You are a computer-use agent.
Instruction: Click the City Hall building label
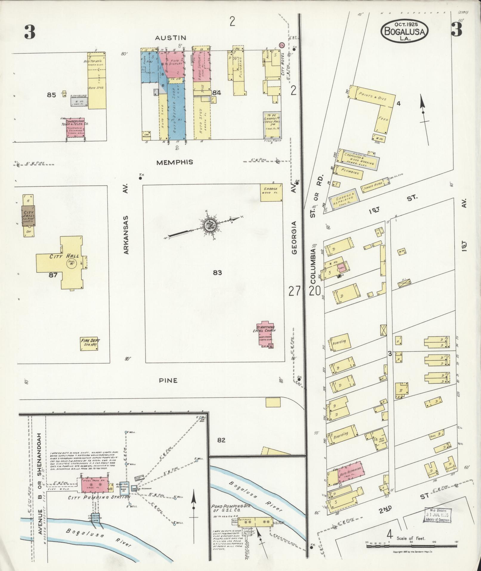coord(60,256)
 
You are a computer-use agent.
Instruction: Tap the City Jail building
coord(29,215)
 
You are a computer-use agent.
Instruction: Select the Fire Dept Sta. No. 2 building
coord(90,344)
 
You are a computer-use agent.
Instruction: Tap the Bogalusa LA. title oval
coord(404,31)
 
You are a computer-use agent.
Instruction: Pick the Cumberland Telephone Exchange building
coord(75,127)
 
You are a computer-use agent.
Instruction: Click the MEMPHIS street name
coord(174,162)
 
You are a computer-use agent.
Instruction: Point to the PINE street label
coord(170,381)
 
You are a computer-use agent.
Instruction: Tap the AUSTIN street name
coord(171,38)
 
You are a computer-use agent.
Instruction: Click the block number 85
coord(51,95)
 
